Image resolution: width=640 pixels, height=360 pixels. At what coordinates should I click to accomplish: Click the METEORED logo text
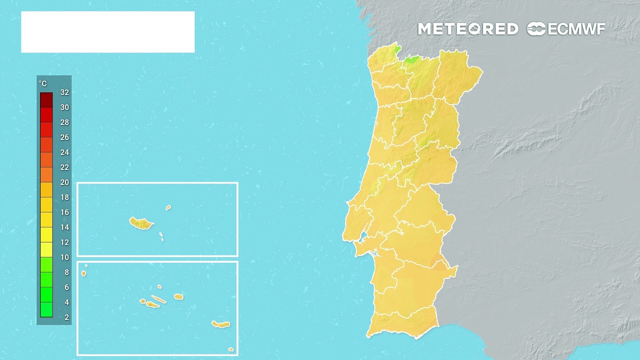pos(467,29)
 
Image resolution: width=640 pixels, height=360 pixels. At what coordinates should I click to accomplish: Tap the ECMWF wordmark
pos(576,29)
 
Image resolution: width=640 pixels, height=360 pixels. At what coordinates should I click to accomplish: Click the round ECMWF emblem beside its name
pos(536,29)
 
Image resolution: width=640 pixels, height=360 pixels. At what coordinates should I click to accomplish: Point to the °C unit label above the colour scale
pos(43,84)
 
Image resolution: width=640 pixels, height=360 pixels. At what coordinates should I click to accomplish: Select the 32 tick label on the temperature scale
pos(64,92)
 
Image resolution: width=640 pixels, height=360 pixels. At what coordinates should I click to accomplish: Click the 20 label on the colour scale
pos(64,182)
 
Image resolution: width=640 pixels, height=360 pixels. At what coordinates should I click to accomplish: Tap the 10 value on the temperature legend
pos(64,257)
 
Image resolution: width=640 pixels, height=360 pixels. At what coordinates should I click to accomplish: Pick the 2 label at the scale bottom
pos(66,317)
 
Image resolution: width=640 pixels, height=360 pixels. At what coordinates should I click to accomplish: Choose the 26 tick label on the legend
pos(64,137)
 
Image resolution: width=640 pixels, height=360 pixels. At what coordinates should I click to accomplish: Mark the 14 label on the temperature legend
pos(64,227)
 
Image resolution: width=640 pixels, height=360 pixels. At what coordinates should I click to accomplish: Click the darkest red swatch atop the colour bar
pos(46,99)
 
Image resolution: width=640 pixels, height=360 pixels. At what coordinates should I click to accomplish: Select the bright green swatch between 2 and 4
pos(46,309)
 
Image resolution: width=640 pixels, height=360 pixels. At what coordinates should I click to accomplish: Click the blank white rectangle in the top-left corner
pos(107,32)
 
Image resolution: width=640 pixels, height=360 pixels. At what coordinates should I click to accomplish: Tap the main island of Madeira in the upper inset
pos(141,223)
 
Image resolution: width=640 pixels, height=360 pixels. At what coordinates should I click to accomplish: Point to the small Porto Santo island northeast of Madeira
pos(168,207)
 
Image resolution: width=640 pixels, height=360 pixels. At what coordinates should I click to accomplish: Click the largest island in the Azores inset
pos(220,324)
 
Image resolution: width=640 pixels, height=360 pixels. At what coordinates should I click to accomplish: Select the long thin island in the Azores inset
pos(158,299)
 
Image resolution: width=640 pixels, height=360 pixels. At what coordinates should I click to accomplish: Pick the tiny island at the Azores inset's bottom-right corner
pos(230,349)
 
